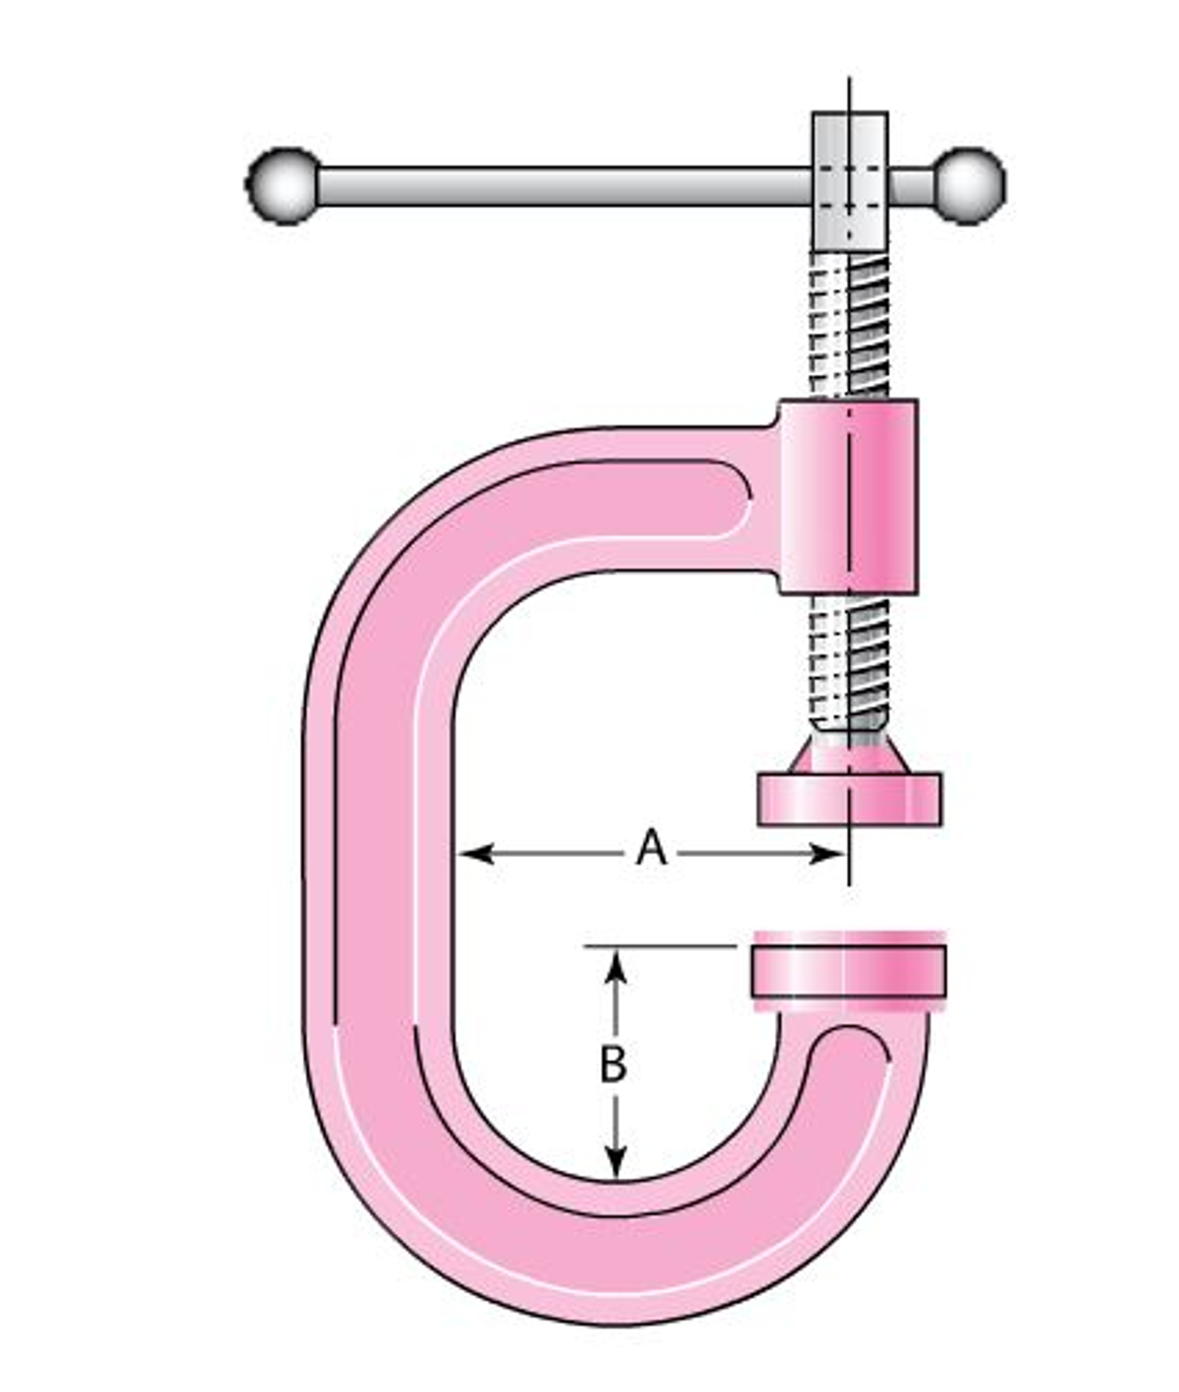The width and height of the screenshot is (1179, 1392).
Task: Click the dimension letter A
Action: (x=651, y=848)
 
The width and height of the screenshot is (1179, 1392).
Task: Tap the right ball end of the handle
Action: (x=969, y=185)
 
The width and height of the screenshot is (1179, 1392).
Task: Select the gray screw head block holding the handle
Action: (x=850, y=180)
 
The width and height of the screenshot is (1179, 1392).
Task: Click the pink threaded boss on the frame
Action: (x=848, y=497)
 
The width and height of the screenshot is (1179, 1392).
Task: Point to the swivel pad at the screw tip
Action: (x=849, y=799)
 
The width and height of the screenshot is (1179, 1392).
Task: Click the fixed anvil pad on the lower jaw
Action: (x=848, y=972)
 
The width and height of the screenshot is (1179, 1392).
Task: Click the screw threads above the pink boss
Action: (x=850, y=327)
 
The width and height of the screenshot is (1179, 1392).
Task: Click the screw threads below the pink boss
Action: (x=850, y=663)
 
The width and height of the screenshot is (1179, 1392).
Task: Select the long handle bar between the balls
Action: (x=565, y=185)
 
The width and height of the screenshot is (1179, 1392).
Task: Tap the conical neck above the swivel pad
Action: (x=850, y=754)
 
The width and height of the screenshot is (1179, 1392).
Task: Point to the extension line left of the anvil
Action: (x=660, y=946)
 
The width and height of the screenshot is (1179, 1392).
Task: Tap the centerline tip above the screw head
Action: (x=849, y=85)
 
